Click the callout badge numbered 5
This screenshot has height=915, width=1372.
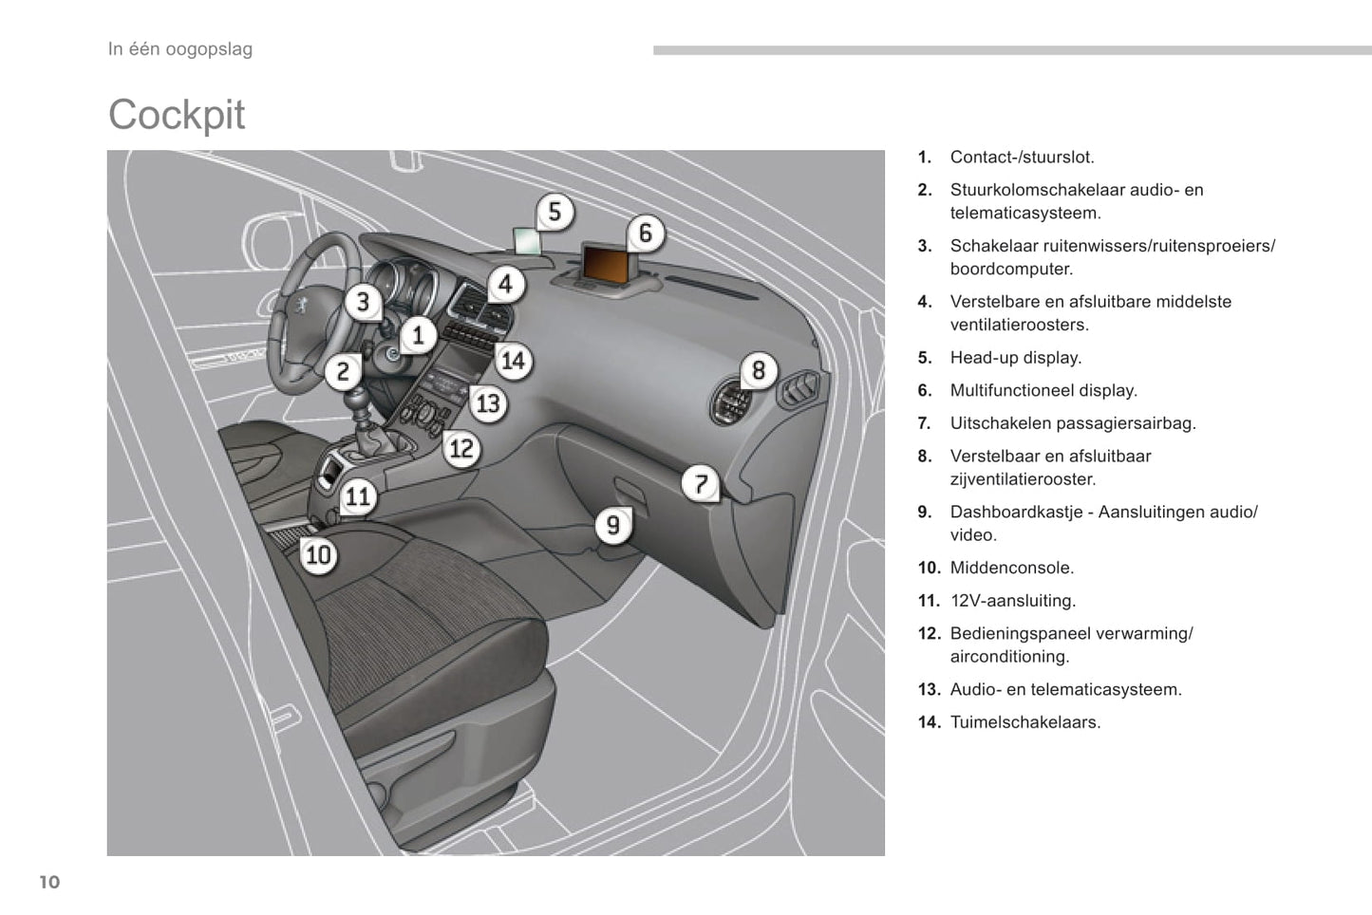[555, 212]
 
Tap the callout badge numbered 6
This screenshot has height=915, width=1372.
[646, 233]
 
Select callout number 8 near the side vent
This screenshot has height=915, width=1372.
[759, 370]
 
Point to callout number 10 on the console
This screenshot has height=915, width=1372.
[319, 554]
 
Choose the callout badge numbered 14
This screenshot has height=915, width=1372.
[513, 361]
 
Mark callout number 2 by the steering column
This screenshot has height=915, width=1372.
[344, 371]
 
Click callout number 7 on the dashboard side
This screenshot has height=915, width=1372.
[701, 484]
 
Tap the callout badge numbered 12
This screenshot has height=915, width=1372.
[461, 448]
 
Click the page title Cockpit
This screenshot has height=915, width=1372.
[177, 115]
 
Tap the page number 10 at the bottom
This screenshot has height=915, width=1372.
[49, 883]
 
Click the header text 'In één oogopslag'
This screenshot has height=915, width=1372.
[180, 49]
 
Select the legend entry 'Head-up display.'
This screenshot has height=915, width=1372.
[1016, 358]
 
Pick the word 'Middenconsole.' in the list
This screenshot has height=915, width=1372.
[1012, 568]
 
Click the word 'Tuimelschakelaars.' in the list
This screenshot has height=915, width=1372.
[1025, 722]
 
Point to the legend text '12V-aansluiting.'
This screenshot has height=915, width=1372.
[1013, 601]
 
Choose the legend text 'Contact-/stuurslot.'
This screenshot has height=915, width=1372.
[1023, 158]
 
